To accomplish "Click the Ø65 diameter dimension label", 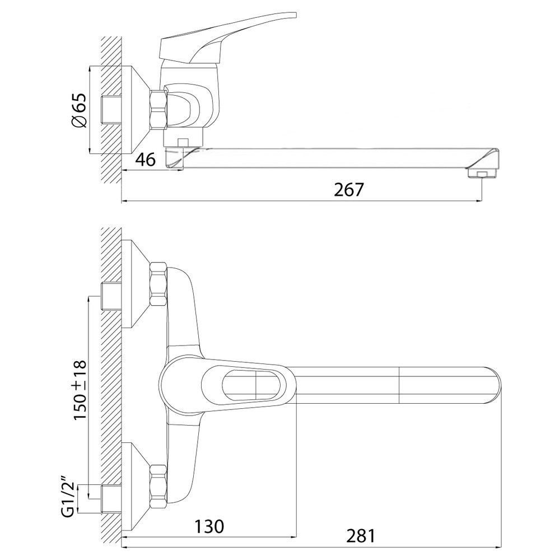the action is [79, 110].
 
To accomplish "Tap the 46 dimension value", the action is [146, 159].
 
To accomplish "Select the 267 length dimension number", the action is [349, 190].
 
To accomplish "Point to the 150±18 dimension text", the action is [80, 390].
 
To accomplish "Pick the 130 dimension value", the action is [209, 526].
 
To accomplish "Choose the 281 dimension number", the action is [361, 536].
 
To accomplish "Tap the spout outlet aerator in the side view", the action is [482, 174].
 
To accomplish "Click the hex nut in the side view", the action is [159, 110].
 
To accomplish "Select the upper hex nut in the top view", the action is [159, 284].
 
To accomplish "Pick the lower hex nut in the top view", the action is [159, 487].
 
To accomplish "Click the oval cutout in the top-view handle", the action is [255, 386].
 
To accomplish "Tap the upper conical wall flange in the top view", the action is [136, 284].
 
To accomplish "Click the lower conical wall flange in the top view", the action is [136, 487].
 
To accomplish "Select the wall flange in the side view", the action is [136, 110].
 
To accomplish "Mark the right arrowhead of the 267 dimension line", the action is [478, 202].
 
